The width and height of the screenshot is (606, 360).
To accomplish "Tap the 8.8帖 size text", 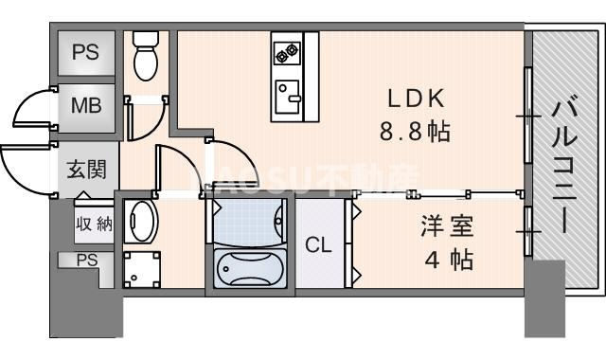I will click(414, 132).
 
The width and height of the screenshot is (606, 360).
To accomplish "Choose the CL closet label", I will click(317, 244).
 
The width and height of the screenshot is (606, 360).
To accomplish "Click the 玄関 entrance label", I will click(86, 171).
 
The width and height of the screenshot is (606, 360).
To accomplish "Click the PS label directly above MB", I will click(87, 50).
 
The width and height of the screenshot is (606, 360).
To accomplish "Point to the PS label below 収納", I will click(87, 260).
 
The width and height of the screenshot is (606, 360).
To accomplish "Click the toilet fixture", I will click(146, 56).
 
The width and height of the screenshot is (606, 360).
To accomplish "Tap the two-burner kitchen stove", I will click(285, 52).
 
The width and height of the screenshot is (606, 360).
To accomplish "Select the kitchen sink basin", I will click(285, 95).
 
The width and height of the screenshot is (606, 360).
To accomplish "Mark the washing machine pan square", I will click(142, 267).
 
